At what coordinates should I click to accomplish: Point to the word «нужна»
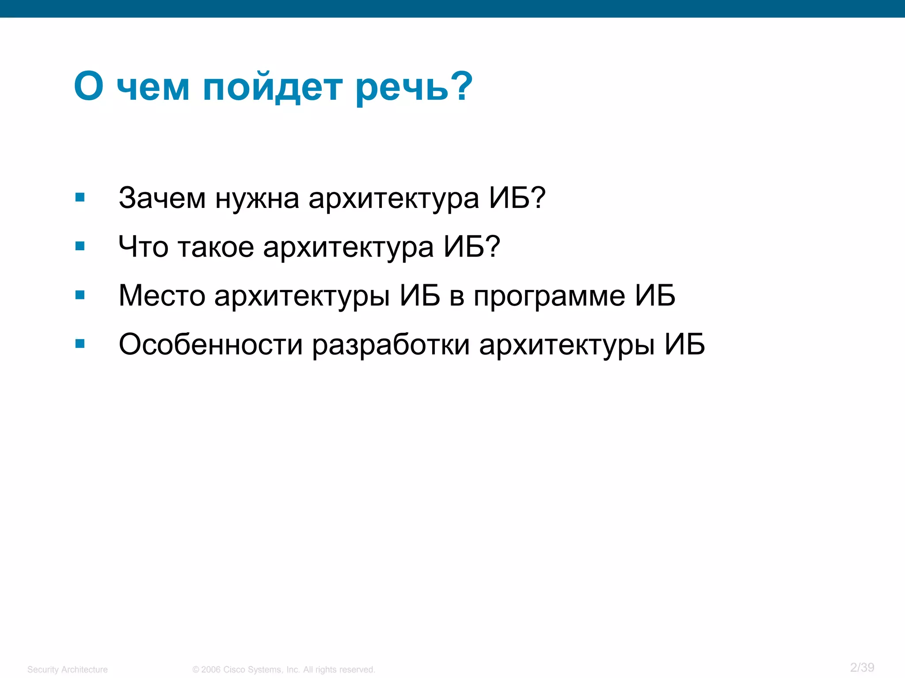coord(257,199)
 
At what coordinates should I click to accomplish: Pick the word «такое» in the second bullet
coord(216,247)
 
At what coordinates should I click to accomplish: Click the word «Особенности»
coord(211,344)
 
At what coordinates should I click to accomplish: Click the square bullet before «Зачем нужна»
coord(80,197)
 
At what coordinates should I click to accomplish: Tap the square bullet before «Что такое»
coord(80,246)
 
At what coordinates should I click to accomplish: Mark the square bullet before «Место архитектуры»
coord(80,294)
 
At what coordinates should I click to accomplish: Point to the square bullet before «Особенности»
coord(80,343)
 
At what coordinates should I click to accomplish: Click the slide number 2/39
coord(862,667)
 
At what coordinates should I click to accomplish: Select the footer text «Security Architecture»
coord(68,670)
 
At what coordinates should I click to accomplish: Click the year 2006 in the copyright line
coord(211,670)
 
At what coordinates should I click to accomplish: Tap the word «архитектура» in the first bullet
coord(394,199)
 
